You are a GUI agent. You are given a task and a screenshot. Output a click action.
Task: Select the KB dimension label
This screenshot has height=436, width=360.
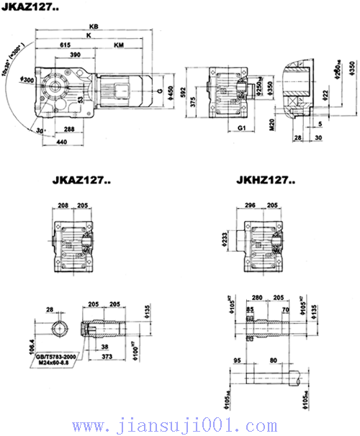[x=94, y=26]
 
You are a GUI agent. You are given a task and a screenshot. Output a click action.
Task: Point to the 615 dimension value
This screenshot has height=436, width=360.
[x=66, y=45]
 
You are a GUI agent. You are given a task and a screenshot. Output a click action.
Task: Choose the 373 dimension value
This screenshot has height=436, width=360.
[x=107, y=357]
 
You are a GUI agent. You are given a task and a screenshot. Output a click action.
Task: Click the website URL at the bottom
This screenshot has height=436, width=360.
[x=180, y=424]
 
